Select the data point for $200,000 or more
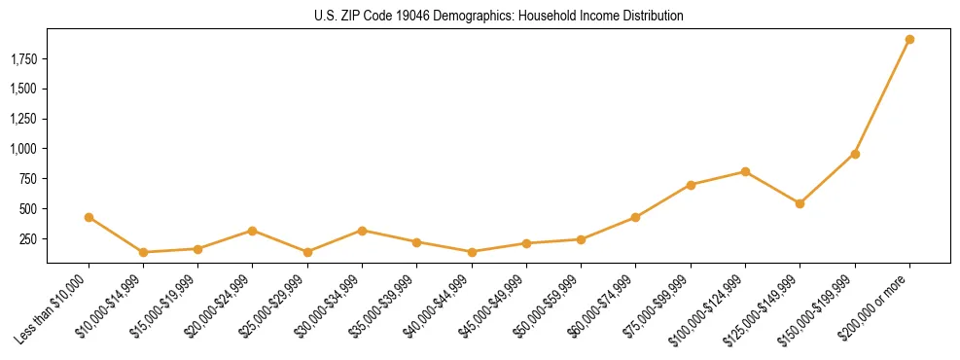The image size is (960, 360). coord(909,40)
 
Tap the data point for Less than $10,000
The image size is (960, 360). coord(89,217)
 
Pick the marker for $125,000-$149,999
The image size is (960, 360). coord(800,203)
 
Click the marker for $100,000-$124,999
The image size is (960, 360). coord(745,171)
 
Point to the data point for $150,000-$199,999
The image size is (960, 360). coord(855,154)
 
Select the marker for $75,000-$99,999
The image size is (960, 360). coord(691,185)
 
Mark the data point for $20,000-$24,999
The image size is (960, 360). coord(253,231)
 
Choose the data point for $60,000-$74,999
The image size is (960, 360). coord(635,217)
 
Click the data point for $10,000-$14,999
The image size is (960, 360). coord(143,252)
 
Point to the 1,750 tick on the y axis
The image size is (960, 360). coord(23,59)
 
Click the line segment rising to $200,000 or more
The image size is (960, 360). coord(882,97)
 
